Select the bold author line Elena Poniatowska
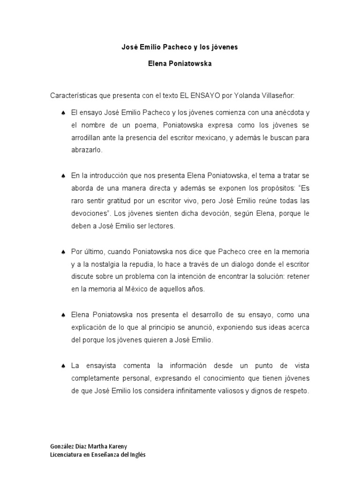[x=180, y=64]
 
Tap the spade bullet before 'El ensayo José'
[x=63, y=113]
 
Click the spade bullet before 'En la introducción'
[x=63, y=176]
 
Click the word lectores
[x=162, y=226]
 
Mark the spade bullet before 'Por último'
[x=63, y=252]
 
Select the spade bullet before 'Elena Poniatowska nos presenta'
[x=63, y=315]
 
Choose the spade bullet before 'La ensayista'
[x=63, y=365]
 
